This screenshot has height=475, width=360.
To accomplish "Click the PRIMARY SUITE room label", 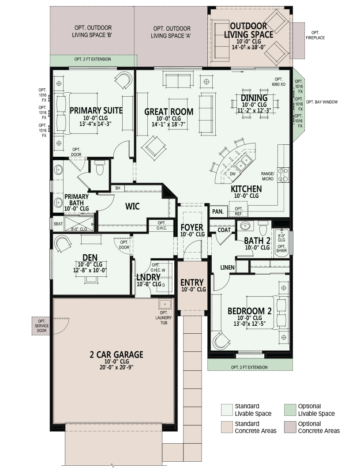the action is pyautogui.click(x=96, y=110).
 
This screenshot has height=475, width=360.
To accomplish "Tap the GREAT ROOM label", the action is pyautogui.click(x=169, y=112).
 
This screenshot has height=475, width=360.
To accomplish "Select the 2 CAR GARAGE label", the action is pyautogui.click(x=116, y=354).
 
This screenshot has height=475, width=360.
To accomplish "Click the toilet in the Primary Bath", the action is pyautogui.click(x=99, y=168).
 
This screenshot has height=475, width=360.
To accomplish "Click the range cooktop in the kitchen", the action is pyautogui.click(x=283, y=175).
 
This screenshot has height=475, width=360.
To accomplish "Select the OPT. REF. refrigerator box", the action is pyautogui.click(x=239, y=211).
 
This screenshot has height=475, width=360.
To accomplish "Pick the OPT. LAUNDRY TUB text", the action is pyautogui.click(x=164, y=317).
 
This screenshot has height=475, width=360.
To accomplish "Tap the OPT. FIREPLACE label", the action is pyautogui.click(x=315, y=35).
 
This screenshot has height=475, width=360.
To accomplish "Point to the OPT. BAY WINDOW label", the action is pyautogui.click(x=322, y=102).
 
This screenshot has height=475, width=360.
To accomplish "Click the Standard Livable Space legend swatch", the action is pyautogui.click(x=227, y=410).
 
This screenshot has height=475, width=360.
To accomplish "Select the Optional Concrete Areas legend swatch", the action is pyautogui.click(x=290, y=427).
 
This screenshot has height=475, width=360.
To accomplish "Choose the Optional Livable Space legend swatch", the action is pyautogui.click(x=290, y=410).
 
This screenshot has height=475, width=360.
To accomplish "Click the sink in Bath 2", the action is pyautogui.click(x=246, y=226).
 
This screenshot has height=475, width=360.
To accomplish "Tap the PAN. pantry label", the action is pyautogui.click(x=218, y=211).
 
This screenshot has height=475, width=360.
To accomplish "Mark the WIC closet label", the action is pyautogui.click(x=132, y=206).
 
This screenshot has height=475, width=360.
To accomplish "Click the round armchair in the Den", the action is pyautogui.click(x=63, y=243).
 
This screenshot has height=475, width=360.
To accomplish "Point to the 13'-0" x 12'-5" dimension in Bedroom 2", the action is pyautogui.click(x=249, y=324).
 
